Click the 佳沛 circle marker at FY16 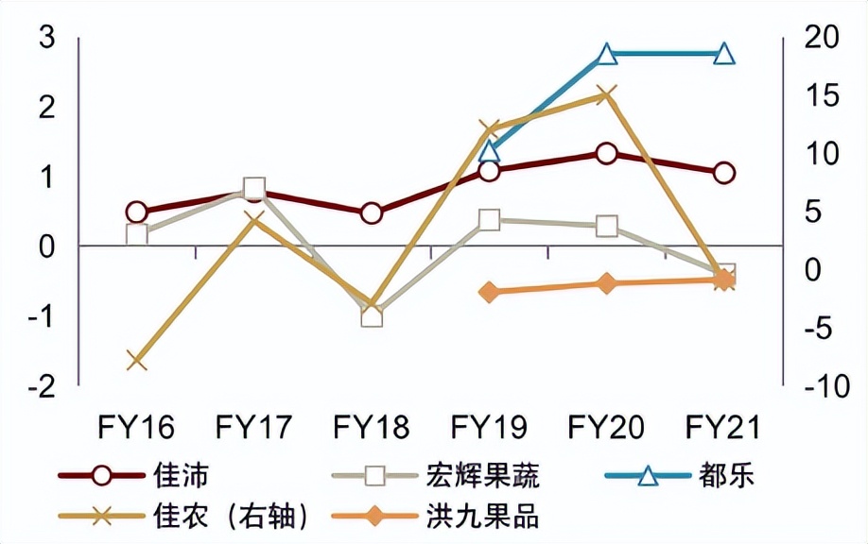(x=136, y=212)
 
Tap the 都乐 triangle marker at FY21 (x=724, y=54)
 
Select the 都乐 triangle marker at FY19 (x=489, y=150)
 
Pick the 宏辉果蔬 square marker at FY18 (x=372, y=315)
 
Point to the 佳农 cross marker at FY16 (x=136, y=361)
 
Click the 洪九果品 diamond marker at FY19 (x=489, y=292)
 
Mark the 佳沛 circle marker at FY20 (x=607, y=154)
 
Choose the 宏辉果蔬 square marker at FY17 (x=253, y=189)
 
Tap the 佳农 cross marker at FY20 (x=607, y=94)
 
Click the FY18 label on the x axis (x=372, y=428)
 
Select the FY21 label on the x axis (x=724, y=428)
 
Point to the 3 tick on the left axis (x=46, y=39)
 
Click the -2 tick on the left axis (x=43, y=386)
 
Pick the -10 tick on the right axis (x=819, y=386)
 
